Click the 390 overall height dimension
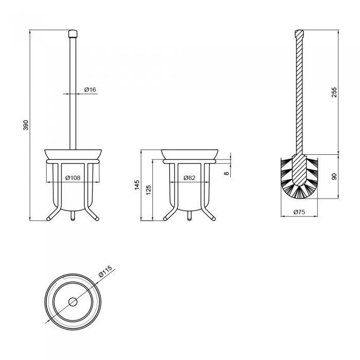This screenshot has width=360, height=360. (x=26, y=125)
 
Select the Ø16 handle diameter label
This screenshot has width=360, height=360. (x=90, y=89)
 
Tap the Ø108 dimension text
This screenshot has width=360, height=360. (x=73, y=178)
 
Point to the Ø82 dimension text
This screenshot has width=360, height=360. (x=189, y=178)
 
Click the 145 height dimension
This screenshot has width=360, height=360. (x=137, y=185)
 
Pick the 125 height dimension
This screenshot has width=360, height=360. (x=148, y=190)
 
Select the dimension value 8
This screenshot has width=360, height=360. (x=227, y=173)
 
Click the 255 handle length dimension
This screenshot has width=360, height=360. (x=334, y=92)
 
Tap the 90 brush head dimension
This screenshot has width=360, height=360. (x=334, y=176)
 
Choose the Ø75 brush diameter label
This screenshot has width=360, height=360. (x=299, y=212)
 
